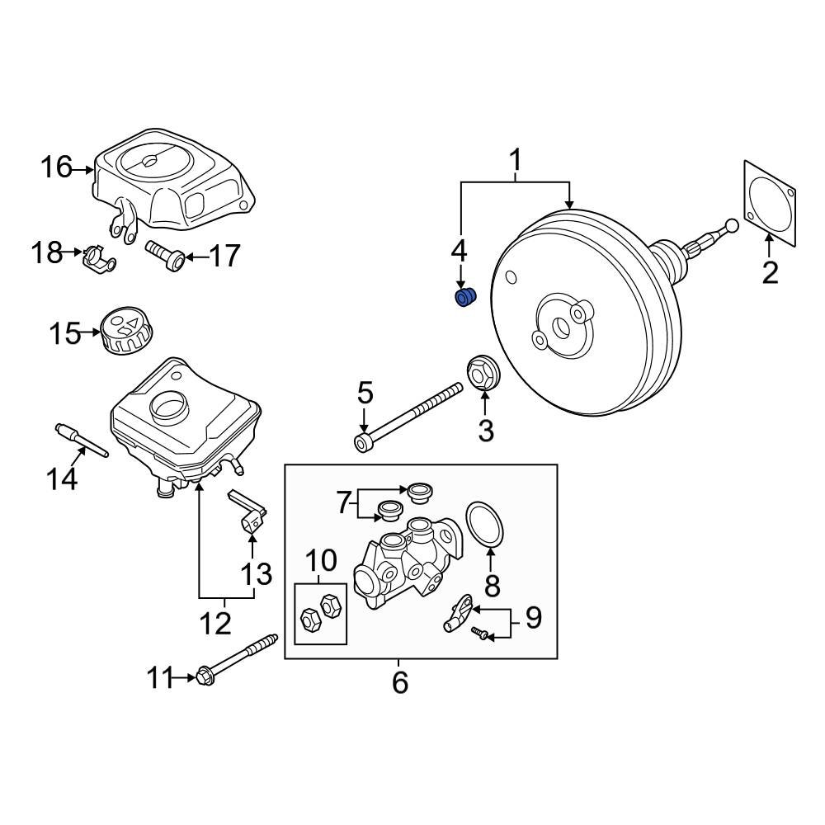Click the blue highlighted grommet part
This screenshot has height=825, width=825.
point(467,297)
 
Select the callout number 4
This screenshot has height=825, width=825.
point(459,250)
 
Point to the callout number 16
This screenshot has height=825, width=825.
point(58,168)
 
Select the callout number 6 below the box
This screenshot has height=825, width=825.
point(400,682)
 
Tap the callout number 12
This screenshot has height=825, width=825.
point(215,623)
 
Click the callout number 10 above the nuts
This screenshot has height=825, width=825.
point(321,561)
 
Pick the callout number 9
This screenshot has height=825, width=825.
point(533,618)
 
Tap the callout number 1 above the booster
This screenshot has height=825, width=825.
point(516,159)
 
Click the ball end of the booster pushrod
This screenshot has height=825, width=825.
point(730,225)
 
